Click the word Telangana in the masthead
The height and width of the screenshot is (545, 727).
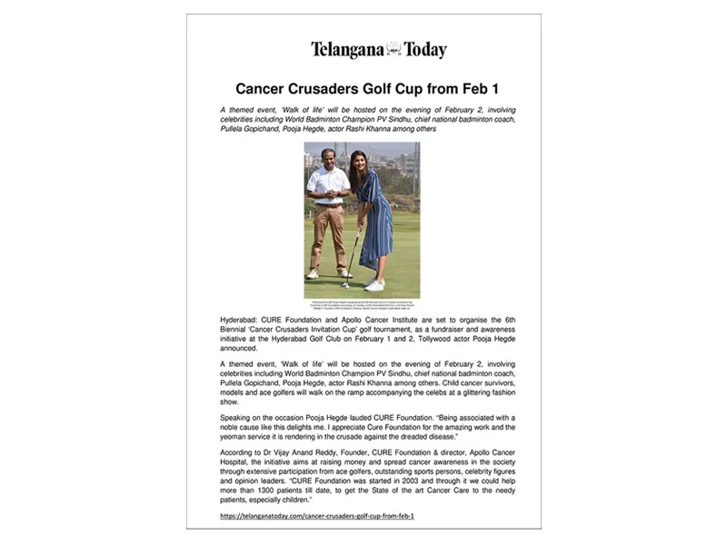tap(346, 50)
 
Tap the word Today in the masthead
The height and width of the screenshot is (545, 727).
tap(425, 50)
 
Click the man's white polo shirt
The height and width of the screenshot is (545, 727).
tap(327, 184)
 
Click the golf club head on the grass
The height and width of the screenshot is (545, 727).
tap(345, 285)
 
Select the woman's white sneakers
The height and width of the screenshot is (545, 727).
tap(373, 285)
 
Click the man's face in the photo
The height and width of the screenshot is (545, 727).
tap(327, 157)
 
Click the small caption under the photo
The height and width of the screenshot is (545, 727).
tap(362, 306)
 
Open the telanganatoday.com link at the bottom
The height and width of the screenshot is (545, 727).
tap(317, 516)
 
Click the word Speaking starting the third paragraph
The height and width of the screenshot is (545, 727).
tap(239, 418)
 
